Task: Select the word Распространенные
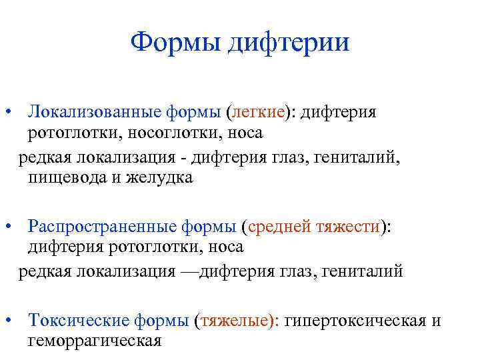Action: coord(103,227)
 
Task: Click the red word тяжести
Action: coord(349,227)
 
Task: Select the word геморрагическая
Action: coord(94,341)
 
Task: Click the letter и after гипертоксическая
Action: coord(436,321)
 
